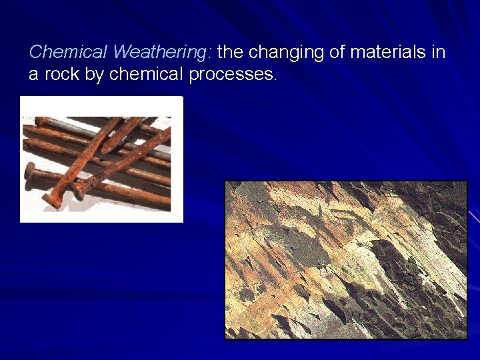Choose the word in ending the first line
click(x=438, y=52)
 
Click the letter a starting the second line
click(x=33, y=74)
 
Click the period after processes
click(x=274, y=78)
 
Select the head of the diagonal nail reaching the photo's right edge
click(x=79, y=193)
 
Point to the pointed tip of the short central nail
click(x=104, y=149)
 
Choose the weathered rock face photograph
click(x=345, y=260)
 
